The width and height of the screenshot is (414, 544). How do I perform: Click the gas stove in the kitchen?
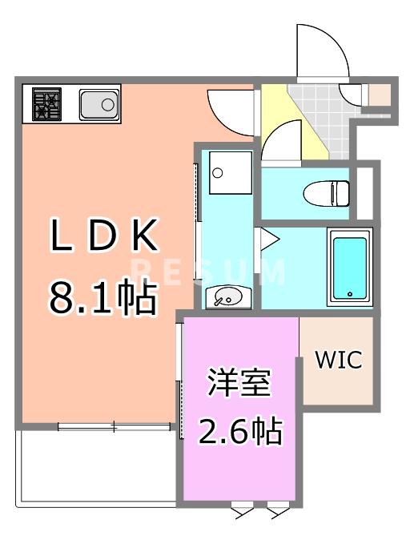pos(46,104)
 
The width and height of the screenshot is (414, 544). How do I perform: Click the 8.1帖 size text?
pos(102,298)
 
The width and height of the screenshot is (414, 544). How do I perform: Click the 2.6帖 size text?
pos(239,433)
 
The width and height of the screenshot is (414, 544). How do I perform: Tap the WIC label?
pos(337,360)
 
